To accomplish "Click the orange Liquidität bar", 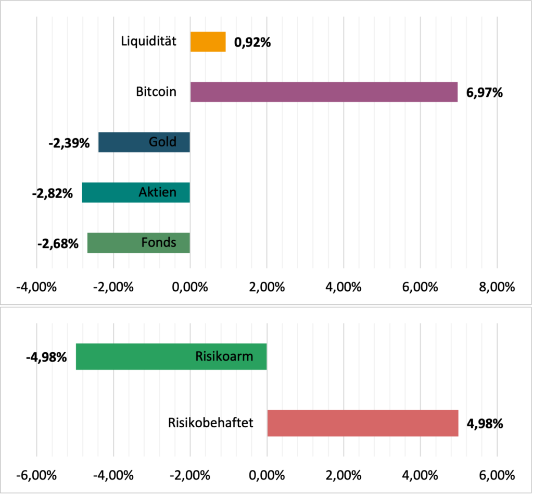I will click(208, 42).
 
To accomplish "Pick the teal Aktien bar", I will click(109, 192).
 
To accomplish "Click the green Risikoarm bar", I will click(135, 356).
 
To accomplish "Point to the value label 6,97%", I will click(485, 93).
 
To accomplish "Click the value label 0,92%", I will click(252, 43).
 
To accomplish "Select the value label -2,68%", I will click(57, 244).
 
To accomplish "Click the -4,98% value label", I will click(46, 357).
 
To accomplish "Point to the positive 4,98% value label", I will click(485, 424).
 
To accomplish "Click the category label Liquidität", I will click(148, 41).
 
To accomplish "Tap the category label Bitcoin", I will click(156, 92).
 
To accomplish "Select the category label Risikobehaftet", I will click(211, 422).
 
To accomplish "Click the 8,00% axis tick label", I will click(497, 287).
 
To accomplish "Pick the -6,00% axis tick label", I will click(36, 476).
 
